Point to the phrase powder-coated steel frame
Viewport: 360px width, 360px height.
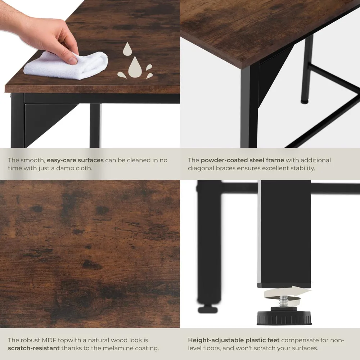coord(242,160)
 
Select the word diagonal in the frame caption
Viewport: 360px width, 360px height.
coord(202,168)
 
